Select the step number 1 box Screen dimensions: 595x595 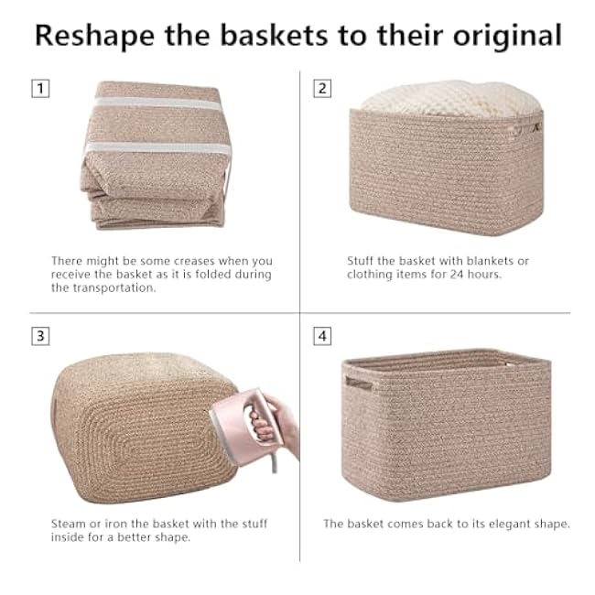tap(40, 89)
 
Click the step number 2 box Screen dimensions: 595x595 tap(322, 89)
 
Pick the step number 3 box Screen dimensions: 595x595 tap(40, 336)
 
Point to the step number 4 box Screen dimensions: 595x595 tap(322, 336)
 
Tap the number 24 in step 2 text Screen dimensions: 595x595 tap(453, 275)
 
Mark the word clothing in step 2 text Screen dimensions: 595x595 tap(371, 275)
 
